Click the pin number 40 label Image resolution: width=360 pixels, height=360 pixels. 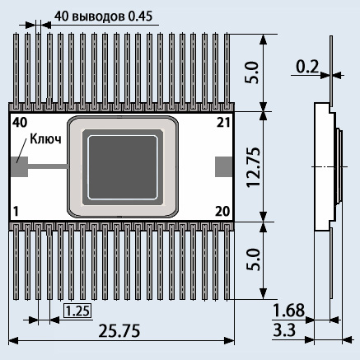[x=20, y=123]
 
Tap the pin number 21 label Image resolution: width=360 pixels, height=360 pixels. [x=223, y=123]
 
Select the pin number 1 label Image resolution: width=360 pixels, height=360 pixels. [x=16, y=212]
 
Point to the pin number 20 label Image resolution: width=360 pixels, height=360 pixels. [x=222, y=212]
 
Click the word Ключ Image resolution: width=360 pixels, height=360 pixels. [x=45, y=139]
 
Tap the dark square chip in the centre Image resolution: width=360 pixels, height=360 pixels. [x=123, y=167]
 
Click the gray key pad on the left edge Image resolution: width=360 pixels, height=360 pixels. [x=19, y=166]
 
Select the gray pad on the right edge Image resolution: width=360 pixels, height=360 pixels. [x=224, y=166]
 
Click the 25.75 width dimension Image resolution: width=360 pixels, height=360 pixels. [x=119, y=330]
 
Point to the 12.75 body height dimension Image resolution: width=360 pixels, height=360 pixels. [x=253, y=167]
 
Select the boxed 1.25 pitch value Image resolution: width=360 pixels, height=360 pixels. [x=77, y=311]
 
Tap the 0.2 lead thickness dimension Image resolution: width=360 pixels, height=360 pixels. [x=307, y=67]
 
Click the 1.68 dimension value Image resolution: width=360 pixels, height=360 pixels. [x=288, y=311]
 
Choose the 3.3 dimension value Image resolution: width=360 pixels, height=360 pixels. [x=284, y=330]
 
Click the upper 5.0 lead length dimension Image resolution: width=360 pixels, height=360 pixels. [x=252, y=72]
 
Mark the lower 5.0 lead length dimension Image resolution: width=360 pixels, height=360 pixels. [x=253, y=259]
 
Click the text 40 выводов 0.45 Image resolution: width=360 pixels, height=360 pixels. [x=103, y=16]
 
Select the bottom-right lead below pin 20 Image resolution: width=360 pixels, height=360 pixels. [x=227, y=261]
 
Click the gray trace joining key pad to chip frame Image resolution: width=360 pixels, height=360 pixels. [x=48, y=166]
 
